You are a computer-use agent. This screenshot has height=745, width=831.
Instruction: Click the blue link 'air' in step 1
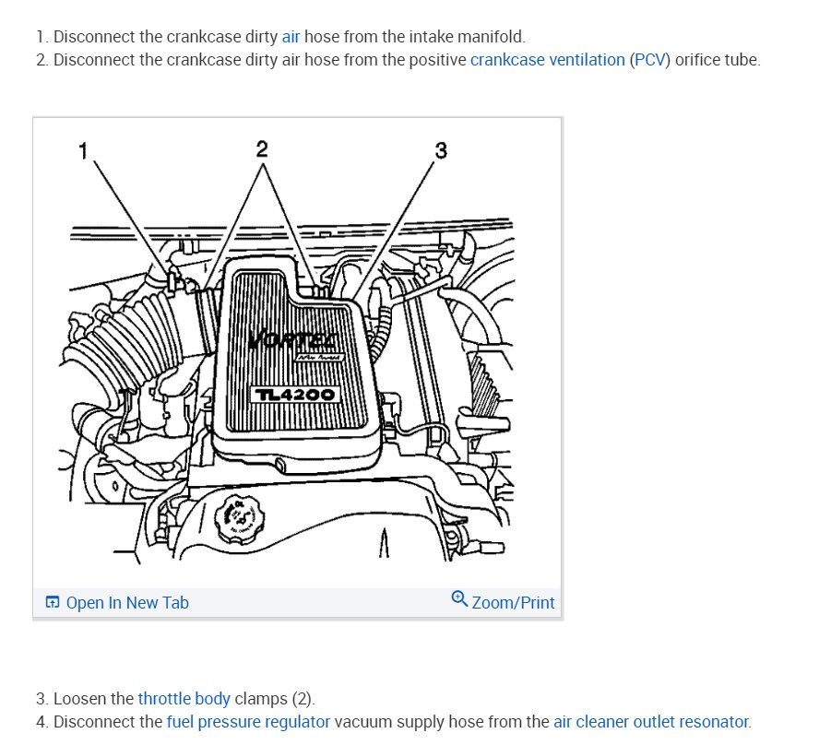[x=291, y=37]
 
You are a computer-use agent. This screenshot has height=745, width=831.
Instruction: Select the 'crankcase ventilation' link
[x=547, y=60]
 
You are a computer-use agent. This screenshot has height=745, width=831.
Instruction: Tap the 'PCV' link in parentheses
[x=650, y=60]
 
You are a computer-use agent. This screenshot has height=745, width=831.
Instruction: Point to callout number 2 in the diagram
[x=262, y=149]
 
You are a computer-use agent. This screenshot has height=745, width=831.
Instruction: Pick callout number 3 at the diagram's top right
[x=440, y=150]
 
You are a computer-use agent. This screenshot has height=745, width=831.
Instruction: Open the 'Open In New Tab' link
[x=127, y=603]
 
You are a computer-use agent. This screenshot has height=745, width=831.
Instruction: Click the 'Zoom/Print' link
[x=513, y=603]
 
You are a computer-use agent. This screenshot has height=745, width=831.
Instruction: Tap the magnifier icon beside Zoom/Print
[x=459, y=600]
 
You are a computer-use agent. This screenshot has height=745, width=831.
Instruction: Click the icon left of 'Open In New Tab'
[x=53, y=603]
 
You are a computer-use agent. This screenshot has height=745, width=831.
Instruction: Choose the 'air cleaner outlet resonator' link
[x=651, y=721]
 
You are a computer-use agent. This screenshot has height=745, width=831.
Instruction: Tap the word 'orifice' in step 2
[x=702, y=60]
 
